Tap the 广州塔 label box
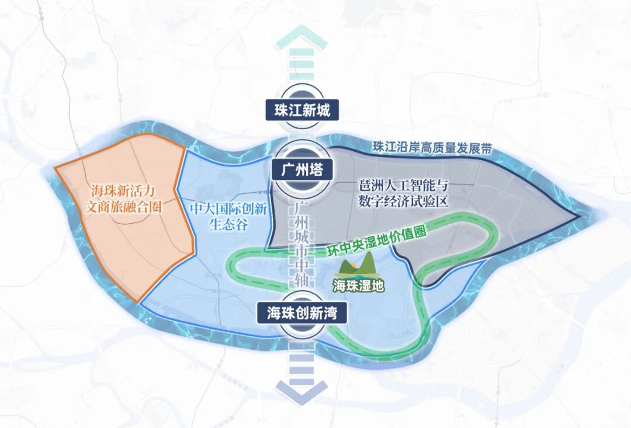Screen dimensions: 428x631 point(302,170)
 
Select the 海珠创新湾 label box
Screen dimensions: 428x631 point(302,313)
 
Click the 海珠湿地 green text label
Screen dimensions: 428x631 point(358,286)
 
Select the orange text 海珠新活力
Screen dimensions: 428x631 point(124,191)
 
